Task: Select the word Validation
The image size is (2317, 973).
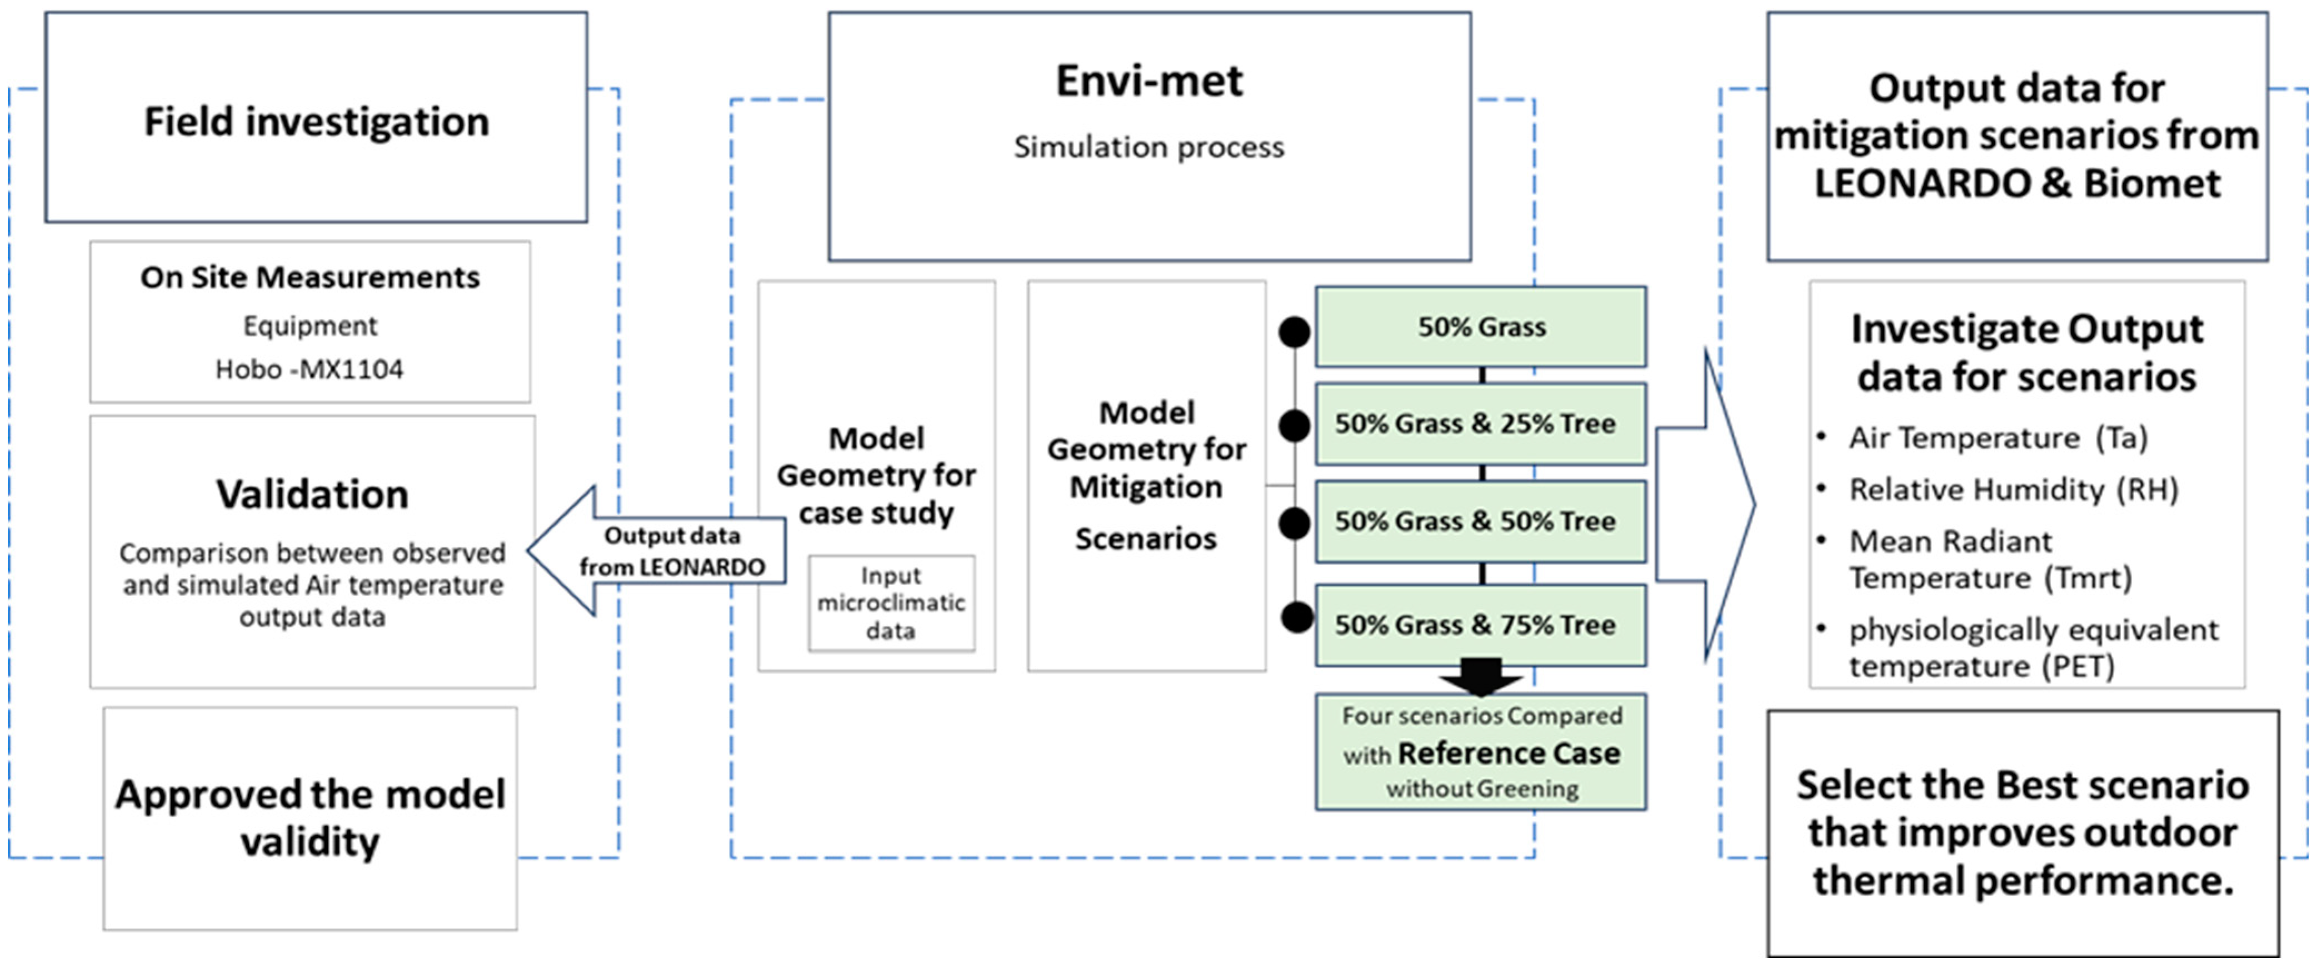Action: [x=312, y=494]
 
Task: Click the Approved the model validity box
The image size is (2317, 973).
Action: [x=309, y=817]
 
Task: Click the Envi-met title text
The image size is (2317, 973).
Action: [x=1148, y=81]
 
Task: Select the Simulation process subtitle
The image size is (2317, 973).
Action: [x=1148, y=147]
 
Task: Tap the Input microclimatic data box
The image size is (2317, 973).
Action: [x=891, y=603]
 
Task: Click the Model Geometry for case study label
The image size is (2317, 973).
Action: [x=876, y=475]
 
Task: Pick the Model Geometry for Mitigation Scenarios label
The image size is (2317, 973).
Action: [x=1147, y=475]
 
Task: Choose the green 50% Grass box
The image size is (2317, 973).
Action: [x=1481, y=327]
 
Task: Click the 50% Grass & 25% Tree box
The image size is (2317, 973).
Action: [x=1481, y=424]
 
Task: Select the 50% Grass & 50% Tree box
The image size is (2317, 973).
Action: [x=1481, y=521]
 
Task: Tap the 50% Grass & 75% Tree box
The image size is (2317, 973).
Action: [x=1481, y=625]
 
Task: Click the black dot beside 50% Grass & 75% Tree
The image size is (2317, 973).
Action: [x=1296, y=617]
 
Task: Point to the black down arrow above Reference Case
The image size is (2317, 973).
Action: [x=1481, y=677]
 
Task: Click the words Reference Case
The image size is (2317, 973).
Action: [x=1509, y=753]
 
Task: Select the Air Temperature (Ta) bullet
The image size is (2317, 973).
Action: [x=1997, y=438]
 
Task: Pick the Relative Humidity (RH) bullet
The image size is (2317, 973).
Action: [x=2012, y=489]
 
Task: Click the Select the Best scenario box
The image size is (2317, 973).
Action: [x=2022, y=832]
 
